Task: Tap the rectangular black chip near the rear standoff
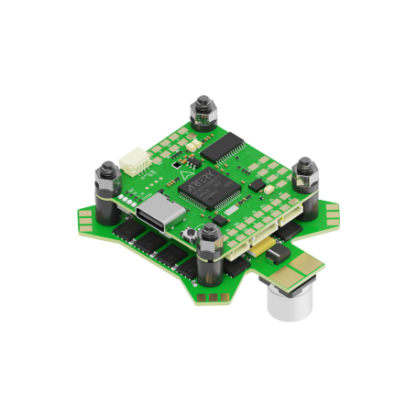tap(223, 147)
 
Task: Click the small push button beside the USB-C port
tap(194, 239)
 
